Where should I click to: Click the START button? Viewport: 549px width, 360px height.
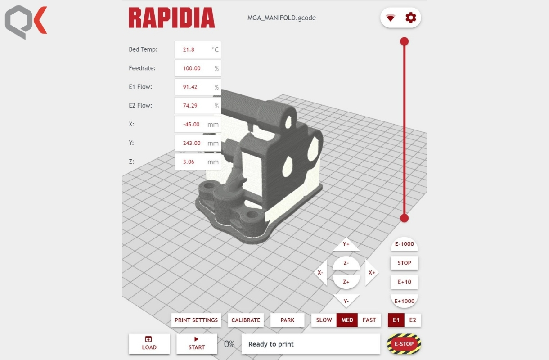(x=197, y=344)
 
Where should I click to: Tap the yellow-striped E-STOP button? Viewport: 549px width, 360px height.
(x=404, y=344)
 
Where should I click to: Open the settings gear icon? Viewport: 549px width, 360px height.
(x=411, y=18)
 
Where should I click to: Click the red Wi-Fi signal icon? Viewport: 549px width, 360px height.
(x=391, y=18)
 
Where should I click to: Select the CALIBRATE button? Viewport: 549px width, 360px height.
(x=246, y=320)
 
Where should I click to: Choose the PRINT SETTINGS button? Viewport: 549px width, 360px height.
(x=196, y=320)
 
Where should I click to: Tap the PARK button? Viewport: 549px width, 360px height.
(x=287, y=320)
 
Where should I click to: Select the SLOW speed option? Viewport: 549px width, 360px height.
(x=324, y=320)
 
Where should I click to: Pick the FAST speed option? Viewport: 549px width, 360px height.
(x=369, y=320)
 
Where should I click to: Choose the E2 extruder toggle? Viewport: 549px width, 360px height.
(x=413, y=320)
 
